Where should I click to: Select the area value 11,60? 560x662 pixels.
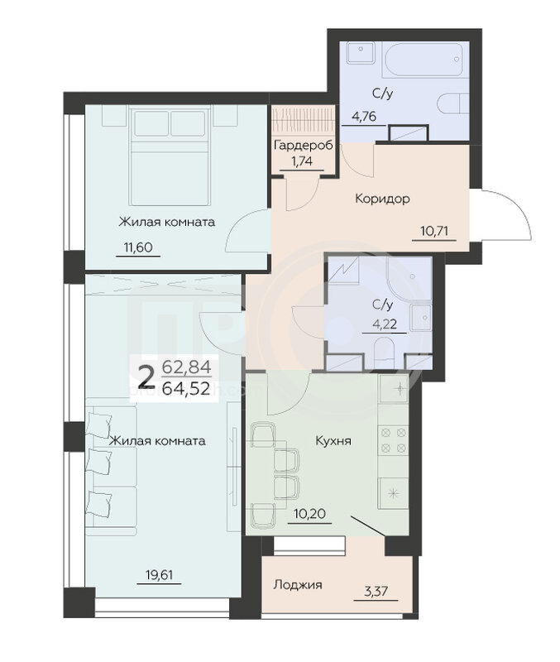(138, 247)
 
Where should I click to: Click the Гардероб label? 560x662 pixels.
(303, 146)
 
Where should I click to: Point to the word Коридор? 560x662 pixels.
(382, 198)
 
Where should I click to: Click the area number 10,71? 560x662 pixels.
(434, 232)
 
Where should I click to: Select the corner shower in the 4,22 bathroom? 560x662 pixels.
(408, 276)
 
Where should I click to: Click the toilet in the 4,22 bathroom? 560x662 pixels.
(385, 353)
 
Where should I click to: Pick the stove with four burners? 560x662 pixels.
(393, 439)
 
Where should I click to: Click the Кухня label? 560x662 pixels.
(333, 441)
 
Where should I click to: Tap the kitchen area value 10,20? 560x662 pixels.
(309, 514)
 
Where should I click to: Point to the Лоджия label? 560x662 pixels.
(298, 585)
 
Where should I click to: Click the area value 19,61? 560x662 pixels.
(159, 574)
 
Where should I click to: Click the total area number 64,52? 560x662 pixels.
(186, 388)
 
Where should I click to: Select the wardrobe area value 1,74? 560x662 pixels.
(302, 161)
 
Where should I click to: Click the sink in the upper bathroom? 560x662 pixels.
(361, 52)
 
